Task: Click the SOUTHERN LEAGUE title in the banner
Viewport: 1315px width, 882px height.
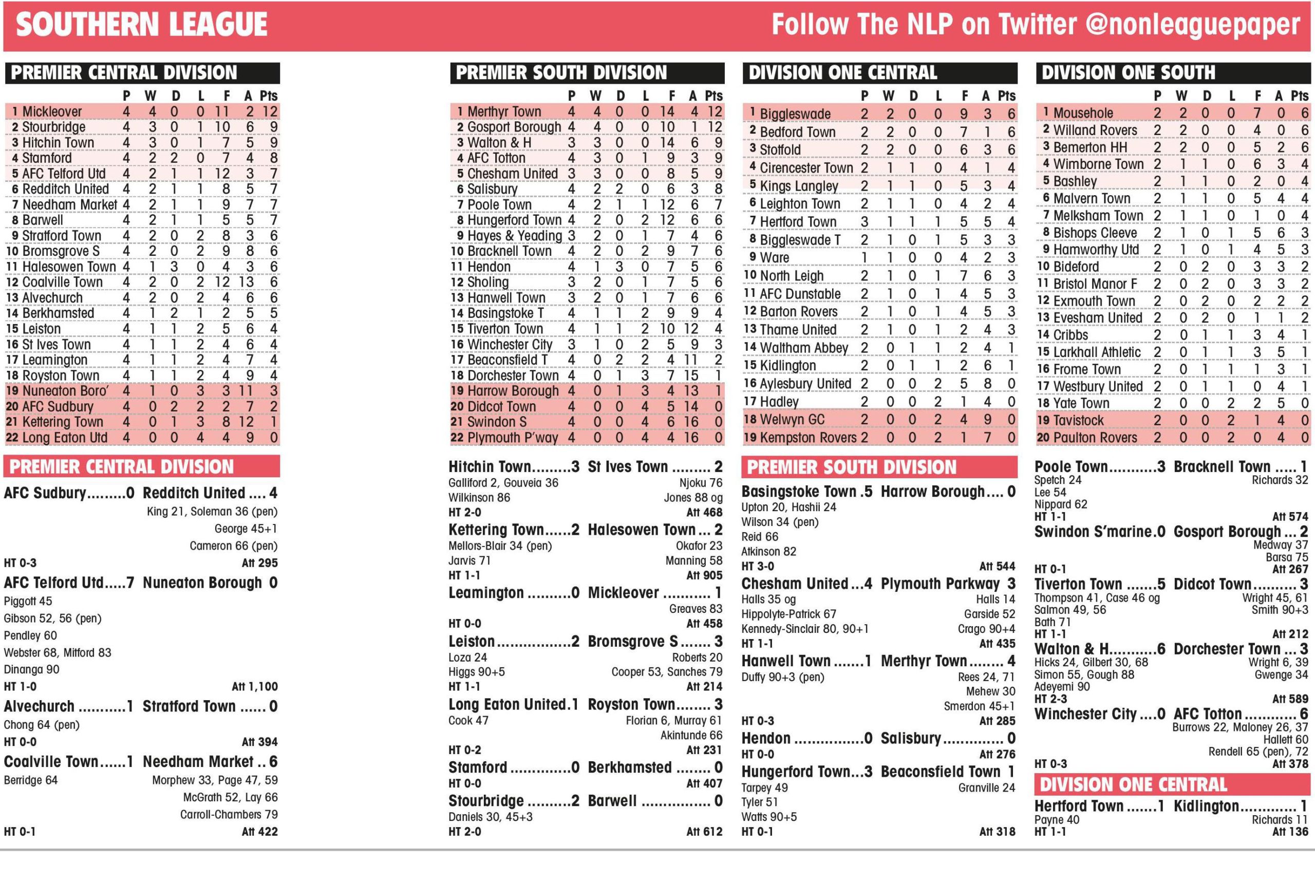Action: pos(141,25)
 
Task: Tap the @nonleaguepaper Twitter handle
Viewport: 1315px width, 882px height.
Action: pos(1192,25)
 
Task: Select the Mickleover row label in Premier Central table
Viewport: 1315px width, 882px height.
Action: pos(52,111)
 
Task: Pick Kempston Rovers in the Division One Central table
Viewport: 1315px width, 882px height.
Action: pos(807,438)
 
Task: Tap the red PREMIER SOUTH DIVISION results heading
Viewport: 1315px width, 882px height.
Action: pos(852,467)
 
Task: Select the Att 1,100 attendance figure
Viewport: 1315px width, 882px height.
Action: pos(255,686)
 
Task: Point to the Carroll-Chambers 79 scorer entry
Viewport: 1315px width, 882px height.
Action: pos(229,815)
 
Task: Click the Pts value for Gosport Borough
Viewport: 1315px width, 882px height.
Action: pos(715,127)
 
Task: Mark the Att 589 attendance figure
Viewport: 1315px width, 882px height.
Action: pos(1290,699)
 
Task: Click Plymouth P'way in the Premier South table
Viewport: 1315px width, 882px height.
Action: pos(513,438)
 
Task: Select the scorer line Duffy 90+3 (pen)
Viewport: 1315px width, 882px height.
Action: pos(782,677)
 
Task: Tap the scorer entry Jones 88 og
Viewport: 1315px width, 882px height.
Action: pos(693,498)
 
